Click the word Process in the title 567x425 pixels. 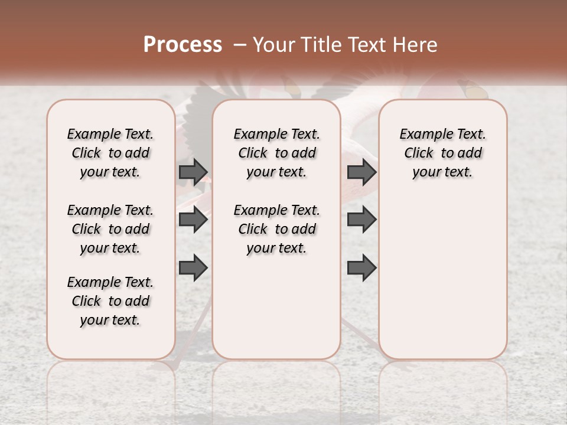pos(183,45)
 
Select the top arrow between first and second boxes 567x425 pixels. pos(193,172)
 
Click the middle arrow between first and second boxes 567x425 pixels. pos(193,220)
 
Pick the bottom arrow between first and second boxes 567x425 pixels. pos(193,268)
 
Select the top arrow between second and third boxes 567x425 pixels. pos(361,172)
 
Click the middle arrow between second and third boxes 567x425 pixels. pos(361,220)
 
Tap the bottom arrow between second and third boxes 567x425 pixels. pos(361,268)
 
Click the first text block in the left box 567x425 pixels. pos(110,153)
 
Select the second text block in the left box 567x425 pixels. pos(110,229)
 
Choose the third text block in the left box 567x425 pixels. pos(110,301)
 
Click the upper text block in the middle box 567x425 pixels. pos(277,153)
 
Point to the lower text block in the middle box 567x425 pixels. pos(277,229)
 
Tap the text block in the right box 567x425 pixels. pos(443,153)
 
